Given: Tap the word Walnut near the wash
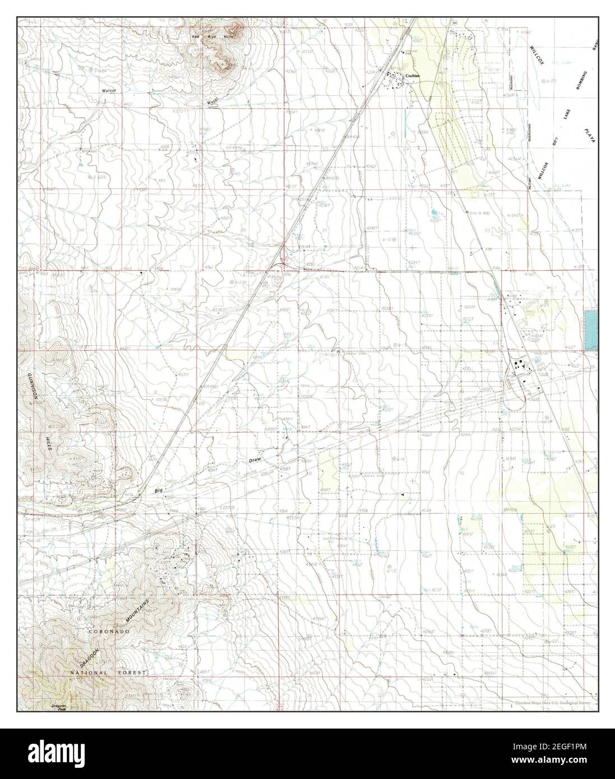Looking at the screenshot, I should coord(108,90).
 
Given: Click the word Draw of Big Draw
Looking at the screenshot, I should coord(256,461).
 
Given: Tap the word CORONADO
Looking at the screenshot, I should coord(109,631).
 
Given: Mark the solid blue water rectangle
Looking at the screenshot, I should coord(591,331).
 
